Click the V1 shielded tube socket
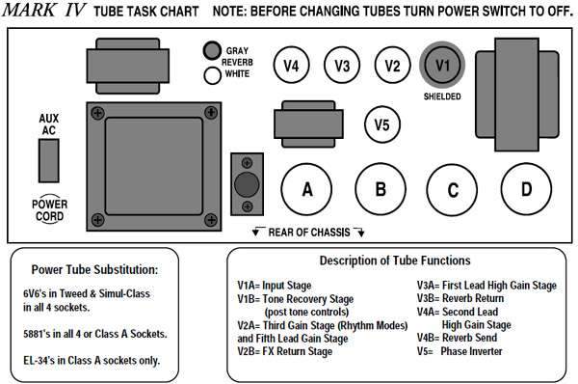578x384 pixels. (x=442, y=65)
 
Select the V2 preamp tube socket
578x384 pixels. (x=392, y=66)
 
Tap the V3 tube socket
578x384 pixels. (x=342, y=66)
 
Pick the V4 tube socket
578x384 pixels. (x=291, y=66)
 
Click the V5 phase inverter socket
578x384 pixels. (x=381, y=124)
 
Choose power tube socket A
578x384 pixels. (x=306, y=189)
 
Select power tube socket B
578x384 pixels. (x=381, y=189)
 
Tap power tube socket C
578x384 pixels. (x=453, y=190)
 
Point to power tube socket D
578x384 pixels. (x=526, y=189)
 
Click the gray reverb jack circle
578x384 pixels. (x=212, y=50)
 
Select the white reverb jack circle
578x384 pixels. (x=212, y=75)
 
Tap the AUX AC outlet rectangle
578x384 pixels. (x=49, y=160)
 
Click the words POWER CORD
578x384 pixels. (x=49, y=210)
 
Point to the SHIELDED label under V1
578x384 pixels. (x=442, y=96)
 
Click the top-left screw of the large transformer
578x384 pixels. (x=97, y=113)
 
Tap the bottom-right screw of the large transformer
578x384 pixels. (x=210, y=220)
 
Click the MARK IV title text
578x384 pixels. (x=44, y=11)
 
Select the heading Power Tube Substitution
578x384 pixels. (x=94, y=269)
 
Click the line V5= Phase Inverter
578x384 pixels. (x=460, y=351)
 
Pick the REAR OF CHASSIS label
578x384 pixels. (x=309, y=233)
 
